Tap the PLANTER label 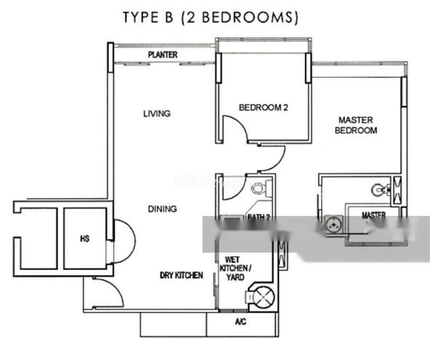tap(163, 55)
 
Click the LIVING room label tap(157, 114)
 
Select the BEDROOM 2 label tap(263, 108)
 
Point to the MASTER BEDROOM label tap(355, 125)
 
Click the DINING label tap(162, 209)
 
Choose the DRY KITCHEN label tap(181, 276)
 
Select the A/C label tap(240, 322)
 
